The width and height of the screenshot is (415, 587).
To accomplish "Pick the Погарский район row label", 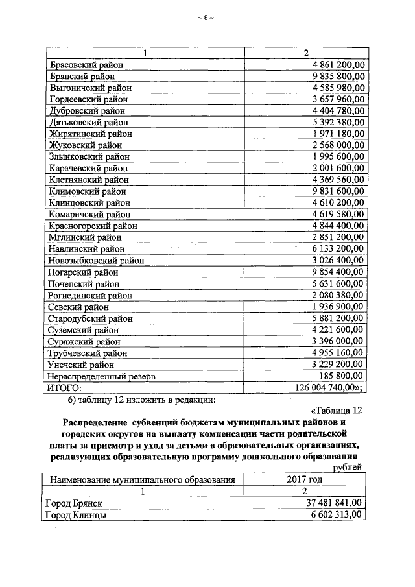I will click(x=83, y=272).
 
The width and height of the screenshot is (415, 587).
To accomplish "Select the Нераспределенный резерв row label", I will click(x=102, y=376).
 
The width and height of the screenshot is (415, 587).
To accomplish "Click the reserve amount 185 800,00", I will click(x=342, y=376).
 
